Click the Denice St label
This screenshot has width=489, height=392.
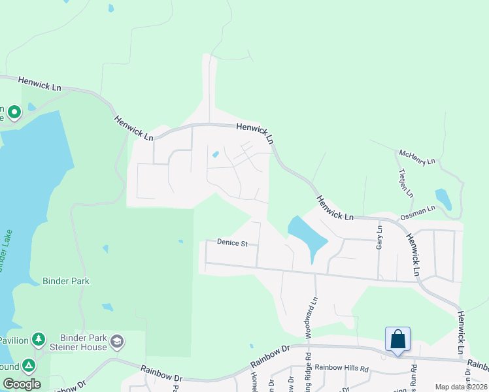[232, 244]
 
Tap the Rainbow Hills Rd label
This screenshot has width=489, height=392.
[342, 368]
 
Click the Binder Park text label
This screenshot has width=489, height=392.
[65, 281]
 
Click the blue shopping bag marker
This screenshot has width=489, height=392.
[397, 340]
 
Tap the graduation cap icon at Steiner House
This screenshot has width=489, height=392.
[117, 340]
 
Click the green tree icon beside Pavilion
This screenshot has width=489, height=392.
[39, 339]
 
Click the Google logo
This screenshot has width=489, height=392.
[21, 384]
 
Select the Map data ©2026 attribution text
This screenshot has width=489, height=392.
[460, 387]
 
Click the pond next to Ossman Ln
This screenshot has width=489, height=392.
[443, 198]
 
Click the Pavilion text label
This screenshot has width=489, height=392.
[13, 340]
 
